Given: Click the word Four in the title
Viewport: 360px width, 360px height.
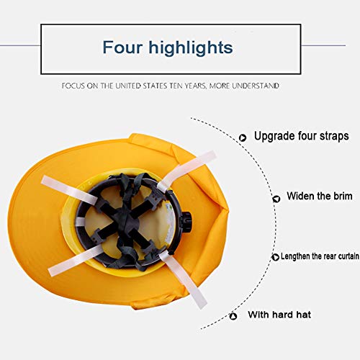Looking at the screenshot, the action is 122,47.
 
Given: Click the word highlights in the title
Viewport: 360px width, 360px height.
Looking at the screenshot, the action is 191,48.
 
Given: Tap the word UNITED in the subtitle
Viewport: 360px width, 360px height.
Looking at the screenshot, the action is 128,86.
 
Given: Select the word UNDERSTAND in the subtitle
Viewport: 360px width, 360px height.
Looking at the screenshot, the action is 256,86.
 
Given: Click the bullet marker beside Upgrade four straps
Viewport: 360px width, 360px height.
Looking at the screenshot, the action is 243,138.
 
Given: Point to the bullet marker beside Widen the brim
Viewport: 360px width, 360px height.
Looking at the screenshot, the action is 276,199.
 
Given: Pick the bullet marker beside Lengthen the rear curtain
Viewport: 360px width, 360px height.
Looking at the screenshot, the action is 275,257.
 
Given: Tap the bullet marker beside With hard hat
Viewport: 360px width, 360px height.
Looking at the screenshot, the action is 233,316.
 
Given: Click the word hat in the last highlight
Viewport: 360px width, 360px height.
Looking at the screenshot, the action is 303,315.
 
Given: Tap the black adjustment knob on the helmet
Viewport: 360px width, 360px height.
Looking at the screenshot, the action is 186,220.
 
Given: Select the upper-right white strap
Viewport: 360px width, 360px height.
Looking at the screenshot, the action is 186,169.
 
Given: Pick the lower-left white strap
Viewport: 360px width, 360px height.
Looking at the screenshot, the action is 75,261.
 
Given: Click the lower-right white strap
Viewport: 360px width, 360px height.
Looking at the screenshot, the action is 183,279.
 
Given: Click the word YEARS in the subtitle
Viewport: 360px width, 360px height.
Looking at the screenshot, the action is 196,86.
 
